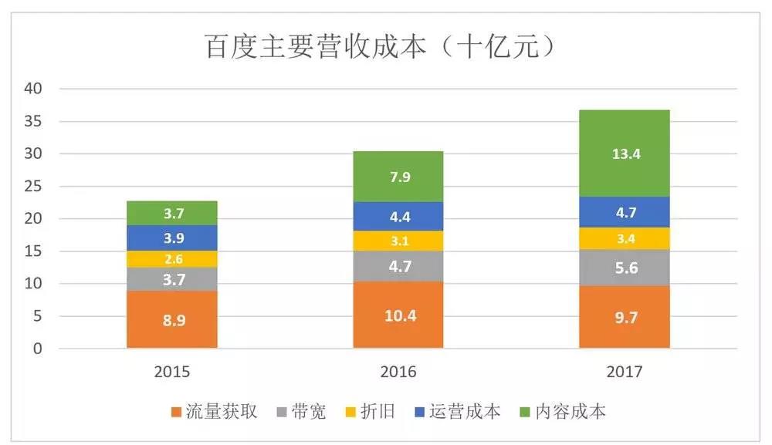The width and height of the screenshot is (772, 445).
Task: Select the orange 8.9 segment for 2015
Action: click(172, 319)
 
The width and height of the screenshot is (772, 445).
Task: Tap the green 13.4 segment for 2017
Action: click(625, 153)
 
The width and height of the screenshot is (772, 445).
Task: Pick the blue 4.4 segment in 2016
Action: click(398, 216)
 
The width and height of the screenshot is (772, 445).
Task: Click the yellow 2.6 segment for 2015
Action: click(172, 259)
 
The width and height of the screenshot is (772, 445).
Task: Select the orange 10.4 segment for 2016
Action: click(398, 314)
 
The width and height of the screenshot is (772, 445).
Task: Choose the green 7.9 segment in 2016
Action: click(398, 177)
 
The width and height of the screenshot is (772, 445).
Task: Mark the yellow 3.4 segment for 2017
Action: click(625, 238)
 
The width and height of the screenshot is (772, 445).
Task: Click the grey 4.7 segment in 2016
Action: click(398, 266)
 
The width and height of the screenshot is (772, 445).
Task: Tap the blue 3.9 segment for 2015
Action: click(172, 238)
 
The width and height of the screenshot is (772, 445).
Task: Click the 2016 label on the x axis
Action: click(398, 372)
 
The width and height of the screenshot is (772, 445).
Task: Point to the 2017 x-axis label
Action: click(625, 372)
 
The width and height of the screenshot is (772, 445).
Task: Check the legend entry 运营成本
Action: click(459, 411)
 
